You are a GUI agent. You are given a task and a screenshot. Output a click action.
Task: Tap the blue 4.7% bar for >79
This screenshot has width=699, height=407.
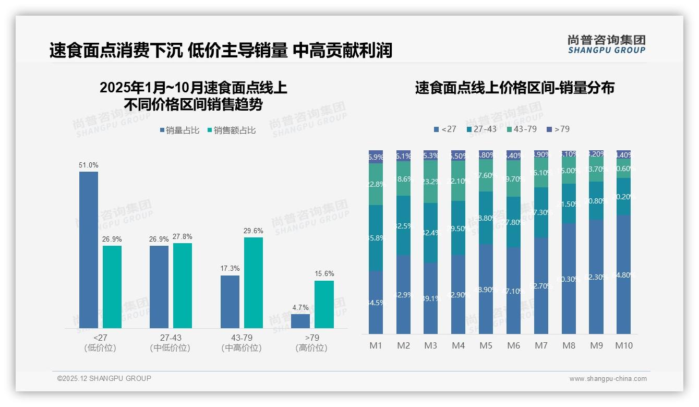pyautogui.click(x=300, y=321)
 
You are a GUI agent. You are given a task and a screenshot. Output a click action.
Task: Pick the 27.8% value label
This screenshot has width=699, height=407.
pyautogui.click(x=182, y=237)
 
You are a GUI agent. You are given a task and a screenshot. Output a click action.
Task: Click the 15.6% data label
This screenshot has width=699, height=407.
pyautogui.click(x=324, y=274)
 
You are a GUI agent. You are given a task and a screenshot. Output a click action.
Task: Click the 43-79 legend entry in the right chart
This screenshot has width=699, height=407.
pyautogui.click(x=521, y=129)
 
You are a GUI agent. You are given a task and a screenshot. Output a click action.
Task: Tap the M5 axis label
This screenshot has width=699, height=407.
pyautogui.click(x=486, y=345)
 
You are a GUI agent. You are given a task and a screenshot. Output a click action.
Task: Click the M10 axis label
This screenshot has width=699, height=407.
pyautogui.click(x=623, y=345)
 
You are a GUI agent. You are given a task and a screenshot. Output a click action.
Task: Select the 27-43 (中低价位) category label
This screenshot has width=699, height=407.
pyautogui.click(x=170, y=343)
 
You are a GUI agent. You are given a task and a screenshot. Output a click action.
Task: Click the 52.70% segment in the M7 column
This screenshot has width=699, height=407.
pyautogui.click(x=541, y=286)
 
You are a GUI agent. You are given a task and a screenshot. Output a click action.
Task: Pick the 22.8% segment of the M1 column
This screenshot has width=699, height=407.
pyautogui.click(x=376, y=184)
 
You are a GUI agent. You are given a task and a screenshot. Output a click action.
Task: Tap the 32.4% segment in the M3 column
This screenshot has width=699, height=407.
pyautogui.click(x=430, y=232)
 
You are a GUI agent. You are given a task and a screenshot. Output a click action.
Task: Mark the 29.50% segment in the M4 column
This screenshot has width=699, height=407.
pyautogui.click(x=458, y=228)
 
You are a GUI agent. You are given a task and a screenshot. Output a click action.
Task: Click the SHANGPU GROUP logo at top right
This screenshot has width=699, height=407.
pyautogui.click(x=606, y=44)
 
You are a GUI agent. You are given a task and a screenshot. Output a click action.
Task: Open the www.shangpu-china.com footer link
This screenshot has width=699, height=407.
pyautogui.click(x=608, y=379)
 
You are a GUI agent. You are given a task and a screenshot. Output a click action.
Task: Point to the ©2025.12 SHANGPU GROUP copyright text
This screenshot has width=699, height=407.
pyautogui.click(x=104, y=378)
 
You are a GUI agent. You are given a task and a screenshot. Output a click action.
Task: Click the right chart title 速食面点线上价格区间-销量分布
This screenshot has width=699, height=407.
pyautogui.click(x=514, y=88)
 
